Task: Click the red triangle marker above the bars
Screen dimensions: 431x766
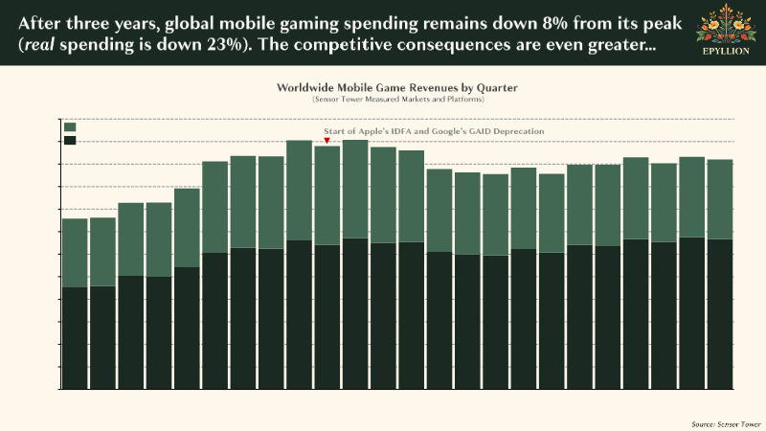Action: coord(327,141)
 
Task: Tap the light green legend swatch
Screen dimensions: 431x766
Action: coord(70,126)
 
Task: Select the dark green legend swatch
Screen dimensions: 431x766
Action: coord(70,141)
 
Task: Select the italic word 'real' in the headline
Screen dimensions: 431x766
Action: coord(36,44)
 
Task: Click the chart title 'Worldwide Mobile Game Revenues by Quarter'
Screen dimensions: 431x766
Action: coord(396,87)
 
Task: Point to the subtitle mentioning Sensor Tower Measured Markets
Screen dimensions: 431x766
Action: coord(396,99)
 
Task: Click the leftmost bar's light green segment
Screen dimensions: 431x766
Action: coord(75,253)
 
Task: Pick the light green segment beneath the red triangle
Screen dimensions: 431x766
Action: coord(327,195)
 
